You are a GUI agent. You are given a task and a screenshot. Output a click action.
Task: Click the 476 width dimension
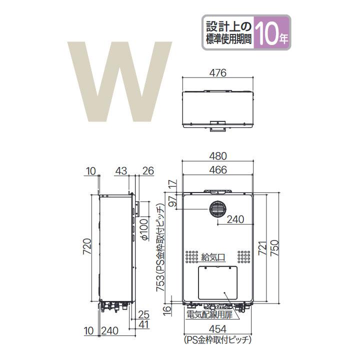(218, 72)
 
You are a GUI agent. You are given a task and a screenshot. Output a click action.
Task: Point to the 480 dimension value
(218, 155)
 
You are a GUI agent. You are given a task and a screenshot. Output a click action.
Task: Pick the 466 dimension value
(218, 169)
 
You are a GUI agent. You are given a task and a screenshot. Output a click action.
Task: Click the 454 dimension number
(218, 329)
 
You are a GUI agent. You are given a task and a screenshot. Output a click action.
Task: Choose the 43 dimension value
(121, 171)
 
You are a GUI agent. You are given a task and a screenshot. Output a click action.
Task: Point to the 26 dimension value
(147, 171)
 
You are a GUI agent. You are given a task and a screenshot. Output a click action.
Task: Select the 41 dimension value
(144, 325)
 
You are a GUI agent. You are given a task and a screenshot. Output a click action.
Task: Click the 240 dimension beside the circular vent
(236, 219)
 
